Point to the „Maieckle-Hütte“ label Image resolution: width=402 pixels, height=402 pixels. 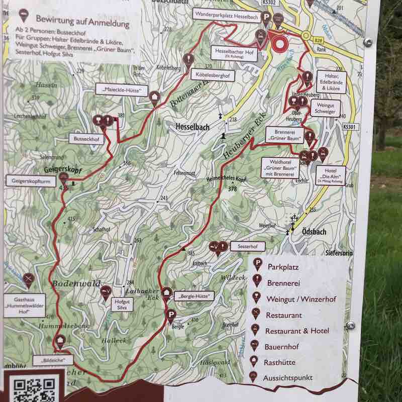coord(122,91)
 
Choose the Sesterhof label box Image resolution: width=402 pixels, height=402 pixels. coord(247,246)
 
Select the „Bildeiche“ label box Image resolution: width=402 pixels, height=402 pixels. coord(53,360)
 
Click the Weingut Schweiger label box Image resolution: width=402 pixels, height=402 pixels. coord(325,108)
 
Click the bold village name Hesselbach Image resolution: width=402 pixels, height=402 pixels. coord(192,128)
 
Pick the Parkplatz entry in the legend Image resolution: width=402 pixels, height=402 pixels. coord(283,266)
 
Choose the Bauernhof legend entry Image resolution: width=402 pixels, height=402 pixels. coord(283,347)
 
